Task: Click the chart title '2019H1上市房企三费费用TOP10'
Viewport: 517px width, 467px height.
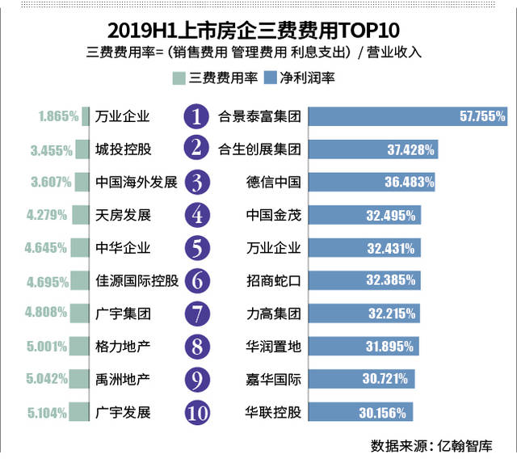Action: coord(258,29)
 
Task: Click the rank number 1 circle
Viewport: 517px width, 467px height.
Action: coord(196,116)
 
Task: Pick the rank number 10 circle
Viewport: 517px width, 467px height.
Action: coord(196,412)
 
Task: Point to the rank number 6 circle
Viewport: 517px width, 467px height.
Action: coord(196,280)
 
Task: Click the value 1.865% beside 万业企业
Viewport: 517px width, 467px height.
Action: coord(58,116)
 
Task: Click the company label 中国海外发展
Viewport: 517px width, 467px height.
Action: coord(136,183)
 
